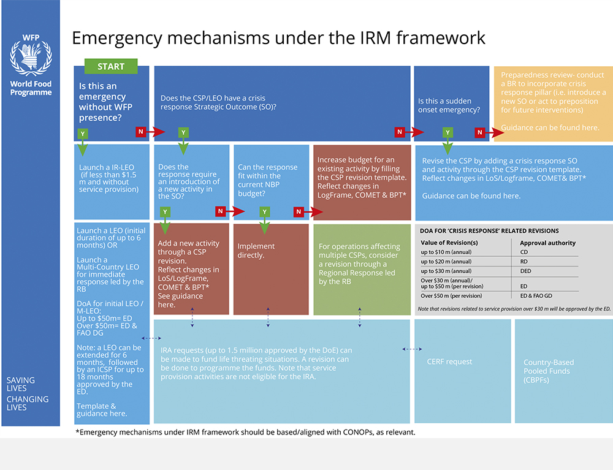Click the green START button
pyautogui.click(x=111, y=66)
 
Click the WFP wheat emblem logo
pyautogui.click(x=31, y=55)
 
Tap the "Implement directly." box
pyautogui.click(x=271, y=269)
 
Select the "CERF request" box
pyautogui.click(x=462, y=371)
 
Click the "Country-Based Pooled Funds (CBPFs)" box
pyautogui.click(x=564, y=371)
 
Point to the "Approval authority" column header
pyautogui.click(x=547, y=243)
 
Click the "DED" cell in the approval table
pyautogui.click(x=525, y=271)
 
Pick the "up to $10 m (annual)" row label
pyautogui.click(x=446, y=252)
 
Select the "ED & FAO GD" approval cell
pyautogui.click(x=536, y=296)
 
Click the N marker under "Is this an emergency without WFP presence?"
pyautogui.click(x=141, y=132)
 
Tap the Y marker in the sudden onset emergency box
pyautogui.click(x=447, y=132)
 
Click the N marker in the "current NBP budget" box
pyautogui.click(x=299, y=212)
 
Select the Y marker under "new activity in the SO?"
pyautogui.click(x=165, y=212)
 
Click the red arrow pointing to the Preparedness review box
pyautogui.click(x=495, y=132)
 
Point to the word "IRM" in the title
pyautogui.click(x=370, y=38)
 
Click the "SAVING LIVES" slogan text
pyautogui.click(x=21, y=384)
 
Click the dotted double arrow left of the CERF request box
pyautogui.click(x=412, y=349)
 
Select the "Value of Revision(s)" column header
pyautogui.click(x=449, y=243)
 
